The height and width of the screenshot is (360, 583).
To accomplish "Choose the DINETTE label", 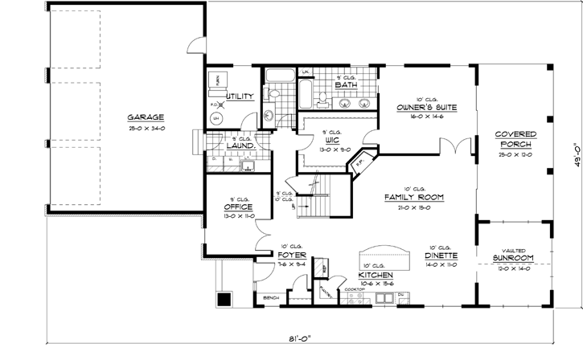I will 442,256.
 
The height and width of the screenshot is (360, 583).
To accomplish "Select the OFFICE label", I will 240,207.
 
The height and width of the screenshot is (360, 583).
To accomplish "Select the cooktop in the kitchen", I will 356,297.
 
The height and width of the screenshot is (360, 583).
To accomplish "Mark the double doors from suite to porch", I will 456,147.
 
